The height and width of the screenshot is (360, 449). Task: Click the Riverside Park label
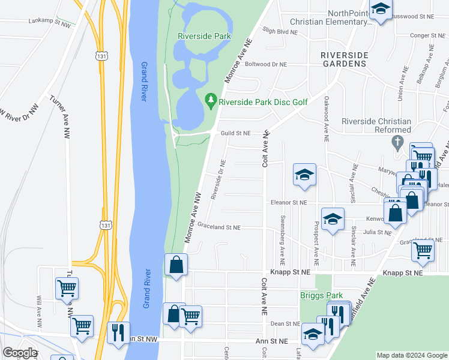point(204,36)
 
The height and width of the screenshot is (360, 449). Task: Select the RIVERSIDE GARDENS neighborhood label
point(343,58)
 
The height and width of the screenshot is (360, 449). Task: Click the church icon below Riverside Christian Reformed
point(396,143)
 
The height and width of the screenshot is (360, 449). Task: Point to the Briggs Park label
point(321,295)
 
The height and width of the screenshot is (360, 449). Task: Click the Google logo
point(20,353)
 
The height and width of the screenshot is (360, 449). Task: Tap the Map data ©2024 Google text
point(411,355)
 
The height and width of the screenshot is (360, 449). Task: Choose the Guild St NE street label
point(238,133)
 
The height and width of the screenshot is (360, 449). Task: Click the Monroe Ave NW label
point(194,217)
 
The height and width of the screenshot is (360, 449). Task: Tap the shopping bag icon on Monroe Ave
point(176,264)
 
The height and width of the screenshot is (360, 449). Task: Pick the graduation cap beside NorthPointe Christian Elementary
point(380,9)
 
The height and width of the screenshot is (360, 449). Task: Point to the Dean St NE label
point(285,323)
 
